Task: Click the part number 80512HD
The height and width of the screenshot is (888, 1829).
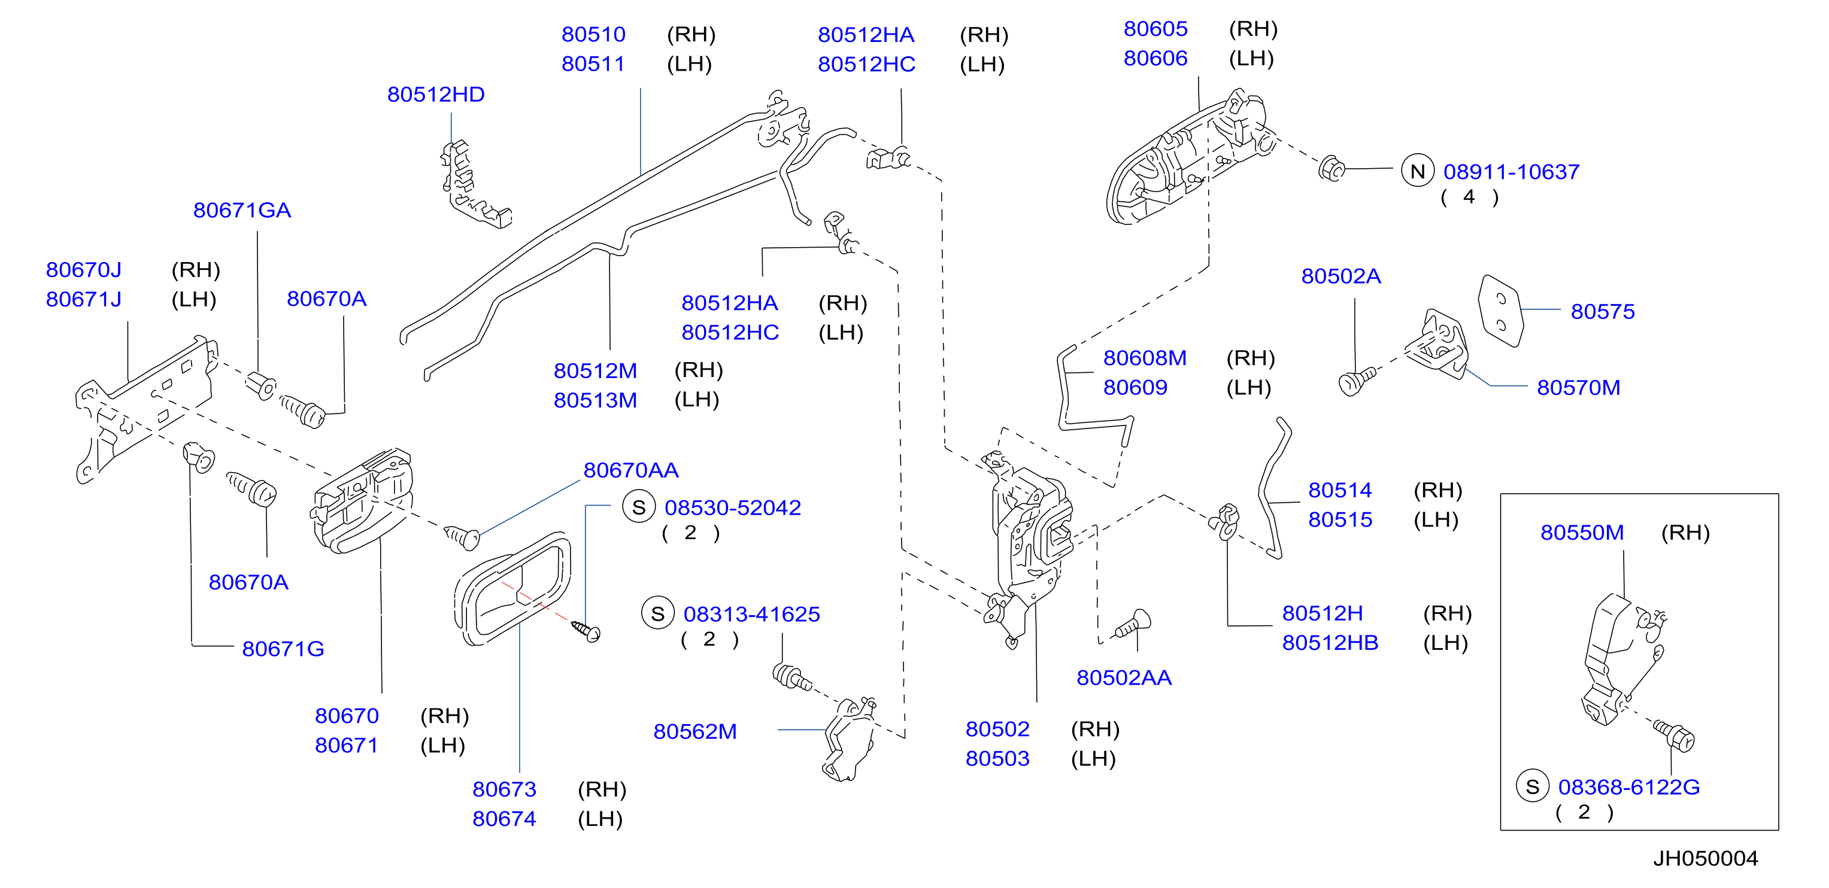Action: pyautogui.click(x=435, y=95)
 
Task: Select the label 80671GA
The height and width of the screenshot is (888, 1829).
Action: pyautogui.click(x=242, y=210)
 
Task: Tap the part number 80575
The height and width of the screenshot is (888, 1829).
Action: pyautogui.click(x=1603, y=312)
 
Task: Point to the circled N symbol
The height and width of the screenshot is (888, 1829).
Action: pyautogui.click(x=1417, y=171)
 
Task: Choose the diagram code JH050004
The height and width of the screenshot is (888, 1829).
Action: pyautogui.click(x=1706, y=858)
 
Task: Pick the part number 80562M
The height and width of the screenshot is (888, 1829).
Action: pyautogui.click(x=695, y=731)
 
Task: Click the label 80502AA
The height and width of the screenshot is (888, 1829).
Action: pyautogui.click(x=1124, y=677)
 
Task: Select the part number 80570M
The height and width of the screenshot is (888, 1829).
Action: pyautogui.click(x=1578, y=388)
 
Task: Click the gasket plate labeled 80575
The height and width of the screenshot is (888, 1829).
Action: pyautogui.click(x=1501, y=311)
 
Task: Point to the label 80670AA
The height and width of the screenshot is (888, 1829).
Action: pyautogui.click(x=630, y=470)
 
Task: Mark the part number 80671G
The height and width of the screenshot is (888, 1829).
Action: pyautogui.click(x=283, y=649)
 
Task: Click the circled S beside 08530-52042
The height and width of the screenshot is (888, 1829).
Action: pyautogui.click(x=638, y=507)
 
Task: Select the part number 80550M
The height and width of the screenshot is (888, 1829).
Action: pyautogui.click(x=1582, y=533)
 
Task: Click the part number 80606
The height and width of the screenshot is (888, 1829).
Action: pyautogui.click(x=1155, y=58)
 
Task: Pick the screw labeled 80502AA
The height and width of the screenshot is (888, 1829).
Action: pyautogui.click(x=1133, y=624)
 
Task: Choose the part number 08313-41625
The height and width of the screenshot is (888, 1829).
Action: pyautogui.click(x=751, y=614)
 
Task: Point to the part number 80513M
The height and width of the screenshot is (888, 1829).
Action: pyautogui.click(x=595, y=400)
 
